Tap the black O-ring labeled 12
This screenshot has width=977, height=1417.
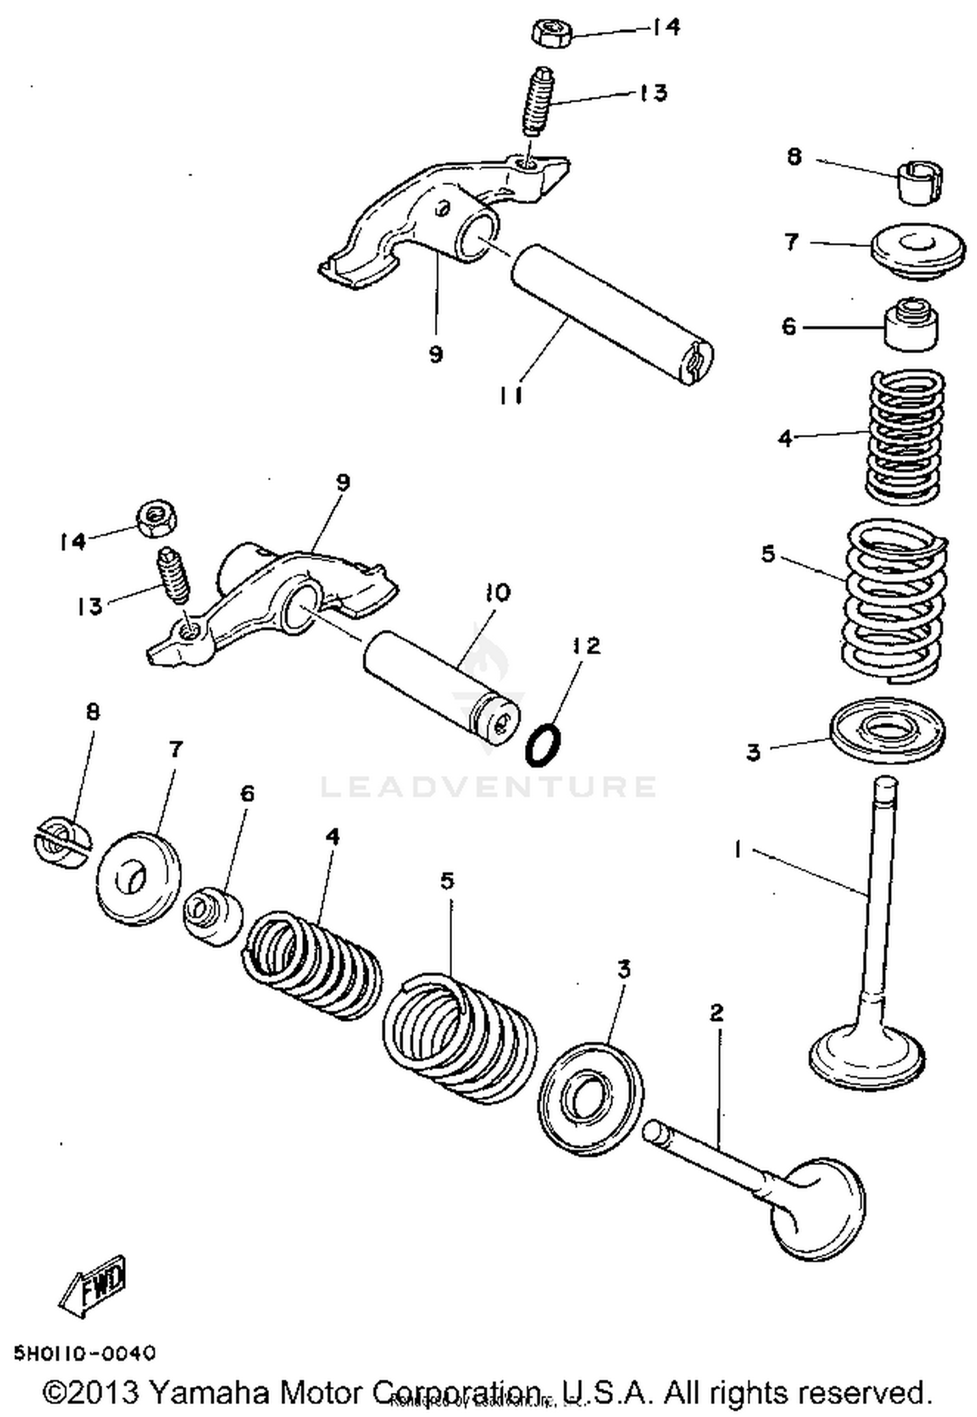point(543,744)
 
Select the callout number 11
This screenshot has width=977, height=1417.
point(511,395)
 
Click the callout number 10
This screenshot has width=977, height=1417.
point(498,593)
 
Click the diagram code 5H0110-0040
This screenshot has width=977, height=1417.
point(85,1353)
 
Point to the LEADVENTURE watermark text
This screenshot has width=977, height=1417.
point(488,786)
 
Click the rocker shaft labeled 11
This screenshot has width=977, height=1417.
point(611,314)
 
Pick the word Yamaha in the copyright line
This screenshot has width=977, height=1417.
point(209,1393)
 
